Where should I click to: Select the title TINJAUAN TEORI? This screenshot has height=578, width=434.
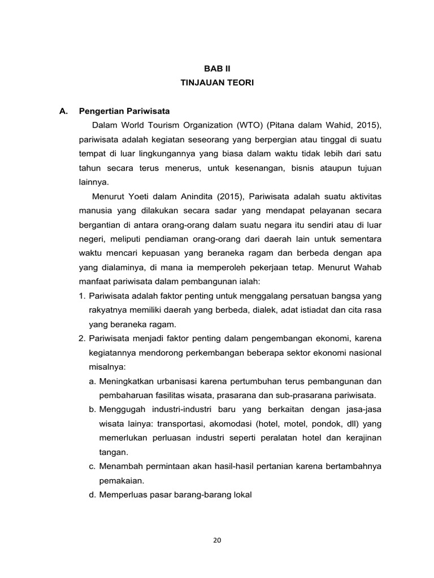[x=217, y=83]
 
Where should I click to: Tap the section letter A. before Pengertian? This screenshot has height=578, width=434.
[x=63, y=111]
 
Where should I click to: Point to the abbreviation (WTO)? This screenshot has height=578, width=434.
[x=245, y=125]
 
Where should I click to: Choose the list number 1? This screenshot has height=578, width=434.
[x=82, y=295]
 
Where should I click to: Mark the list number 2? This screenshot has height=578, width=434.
[x=82, y=338]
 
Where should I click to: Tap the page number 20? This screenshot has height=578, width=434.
[x=217, y=540]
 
